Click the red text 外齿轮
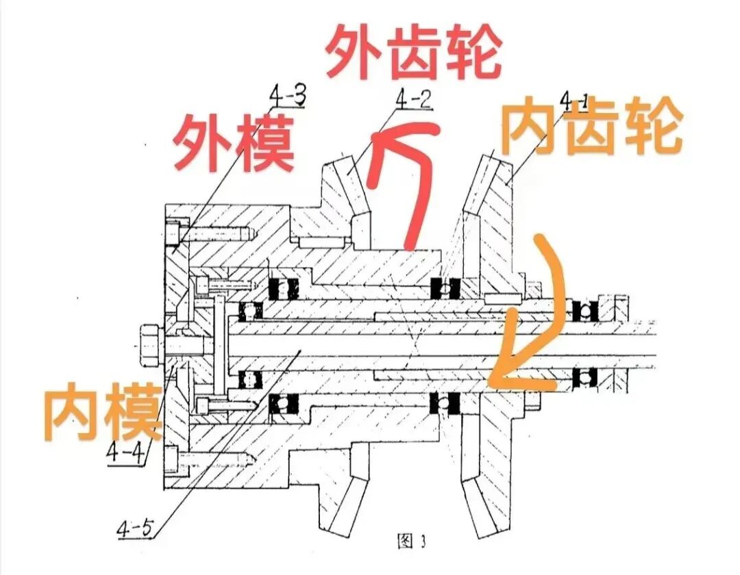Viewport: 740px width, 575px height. click(x=413, y=53)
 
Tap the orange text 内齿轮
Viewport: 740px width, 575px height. click(x=593, y=128)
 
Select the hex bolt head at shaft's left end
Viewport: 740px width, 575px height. click(x=149, y=340)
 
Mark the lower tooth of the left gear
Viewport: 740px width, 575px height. click(x=347, y=500)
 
